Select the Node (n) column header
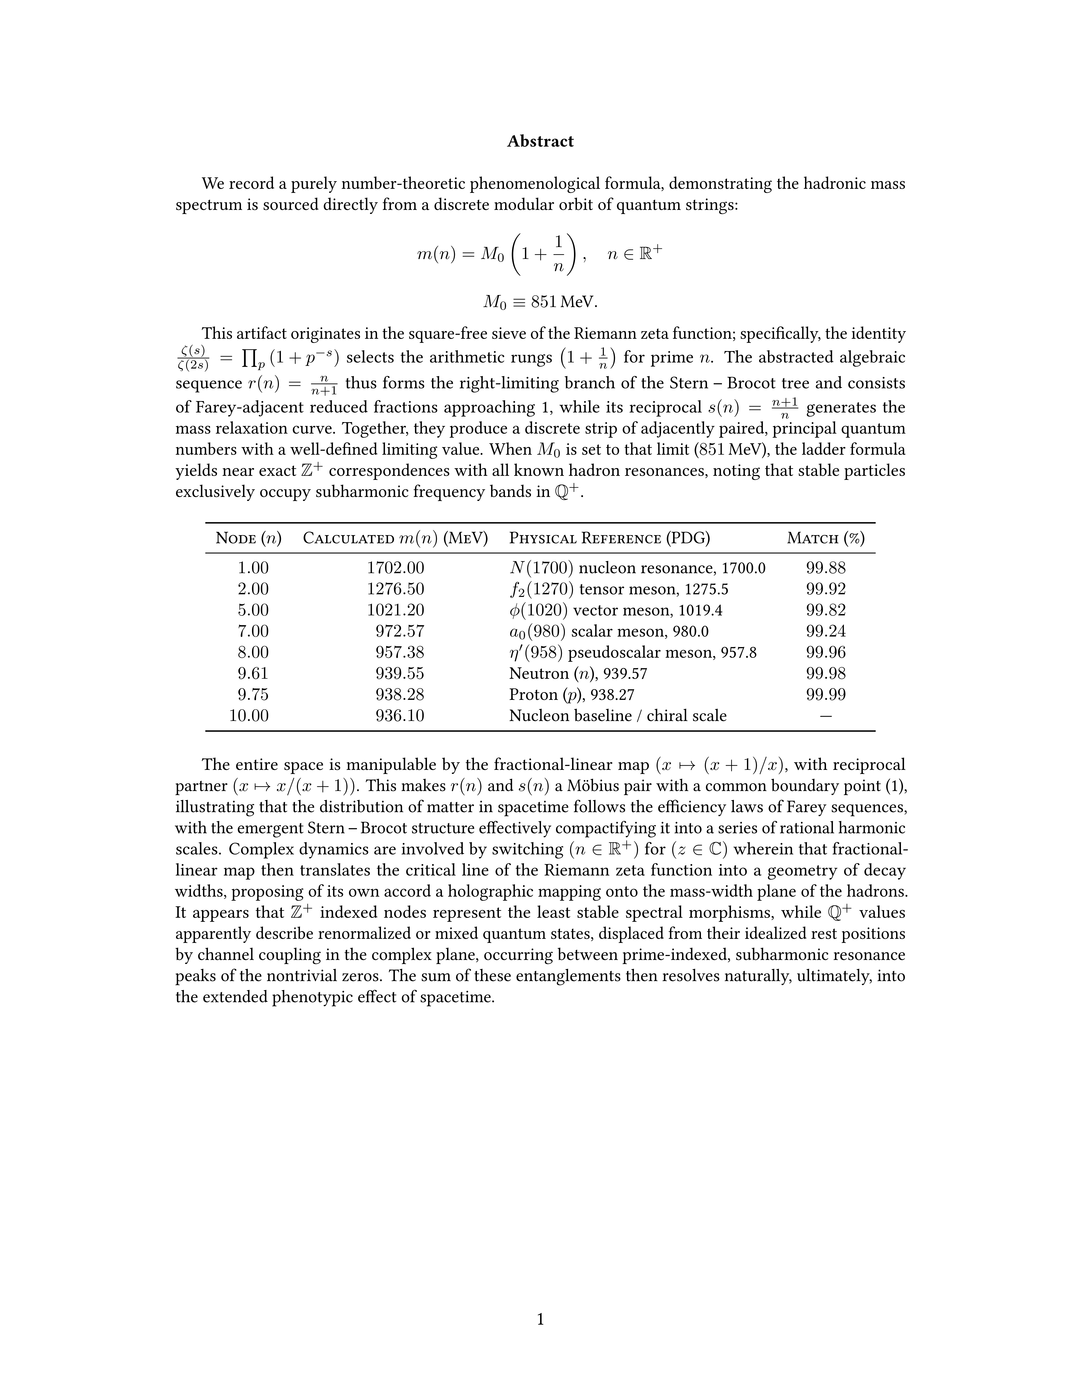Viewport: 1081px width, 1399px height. click(248, 538)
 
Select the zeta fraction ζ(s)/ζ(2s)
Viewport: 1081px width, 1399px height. click(192, 358)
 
